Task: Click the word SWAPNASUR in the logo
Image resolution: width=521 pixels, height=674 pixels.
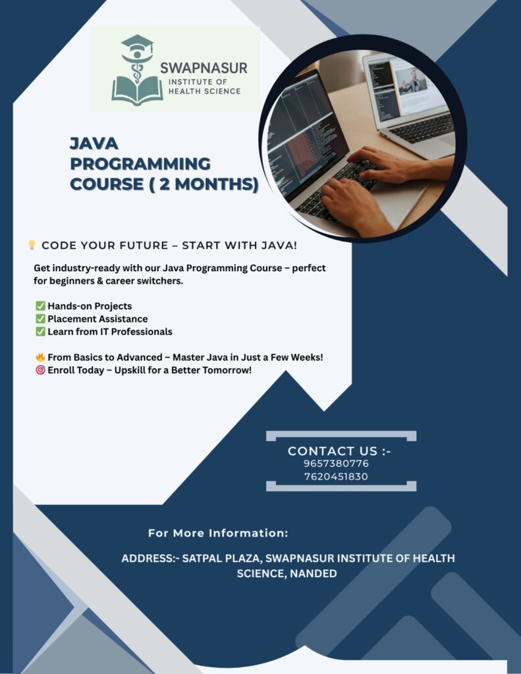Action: (x=204, y=68)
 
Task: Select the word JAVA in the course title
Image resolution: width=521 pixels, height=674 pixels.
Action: (x=94, y=143)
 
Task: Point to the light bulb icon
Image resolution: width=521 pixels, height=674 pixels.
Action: (x=32, y=245)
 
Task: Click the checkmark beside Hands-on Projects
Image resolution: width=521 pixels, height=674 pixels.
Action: (x=40, y=306)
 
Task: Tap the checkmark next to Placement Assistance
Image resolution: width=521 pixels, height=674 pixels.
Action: (x=40, y=319)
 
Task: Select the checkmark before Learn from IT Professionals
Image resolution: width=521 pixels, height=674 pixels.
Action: (x=40, y=332)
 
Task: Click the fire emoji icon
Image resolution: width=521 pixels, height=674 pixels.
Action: (x=40, y=357)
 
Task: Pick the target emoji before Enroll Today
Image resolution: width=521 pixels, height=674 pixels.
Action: (x=40, y=370)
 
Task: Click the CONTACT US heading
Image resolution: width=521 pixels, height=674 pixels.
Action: (x=339, y=451)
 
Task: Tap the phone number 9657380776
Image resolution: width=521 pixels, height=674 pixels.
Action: (x=336, y=464)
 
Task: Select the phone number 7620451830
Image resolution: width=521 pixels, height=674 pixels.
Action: (x=336, y=477)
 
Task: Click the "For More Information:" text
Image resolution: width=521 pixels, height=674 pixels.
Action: (x=218, y=533)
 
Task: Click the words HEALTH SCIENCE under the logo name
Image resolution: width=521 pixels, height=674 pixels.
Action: (x=204, y=91)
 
